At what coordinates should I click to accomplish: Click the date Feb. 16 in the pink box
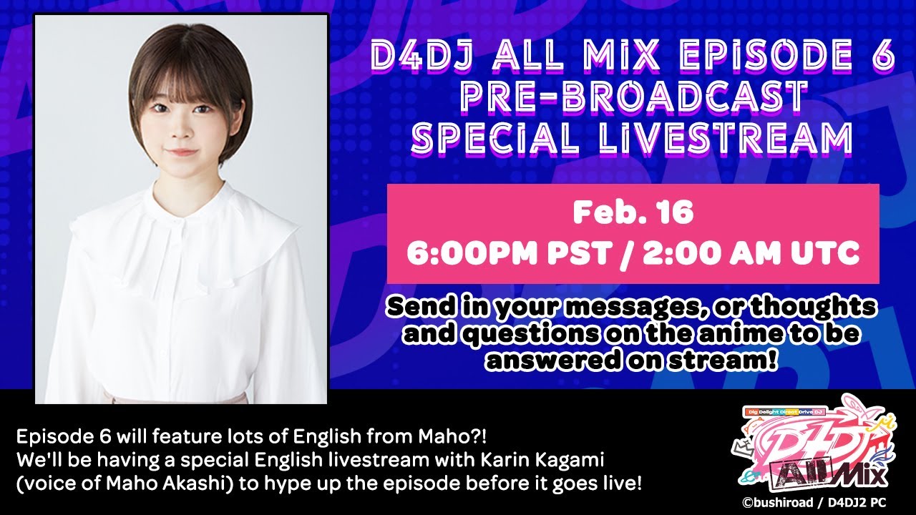click(633, 214)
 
